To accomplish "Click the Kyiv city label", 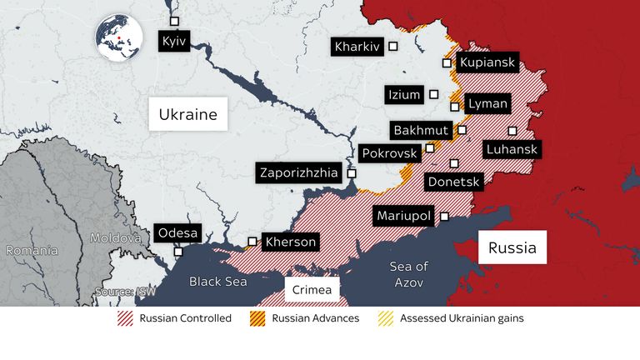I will tap(173, 40).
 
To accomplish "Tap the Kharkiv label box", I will tap(356, 47).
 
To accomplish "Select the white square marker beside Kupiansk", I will tap(447, 62).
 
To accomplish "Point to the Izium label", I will tap(404, 94).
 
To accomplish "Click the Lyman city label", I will tap(484, 104).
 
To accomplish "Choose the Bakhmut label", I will tap(420, 131).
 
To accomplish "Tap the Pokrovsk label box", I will tap(387, 153).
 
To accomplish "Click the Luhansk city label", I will tap(512, 150).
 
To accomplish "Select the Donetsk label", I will tap(453, 181).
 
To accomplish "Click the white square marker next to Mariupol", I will tap(444, 216).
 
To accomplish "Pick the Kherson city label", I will tap(290, 242).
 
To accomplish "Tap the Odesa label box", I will tap(177, 233).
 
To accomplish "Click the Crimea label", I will tap(312, 289).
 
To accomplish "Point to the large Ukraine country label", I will tap(188, 114).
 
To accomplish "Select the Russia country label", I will tap(512, 247).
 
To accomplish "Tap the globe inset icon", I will tap(118, 37).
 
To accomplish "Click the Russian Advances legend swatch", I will tap(257, 318).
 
